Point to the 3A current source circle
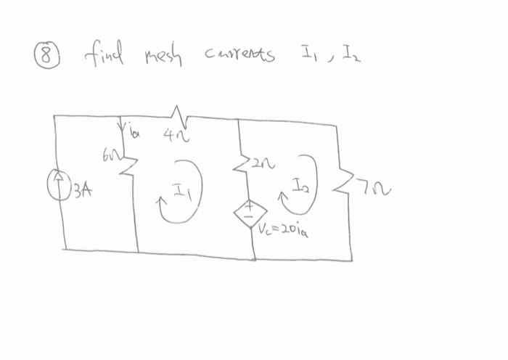click(x=57, y=182)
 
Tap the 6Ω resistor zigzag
click(x=131, y=166)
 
